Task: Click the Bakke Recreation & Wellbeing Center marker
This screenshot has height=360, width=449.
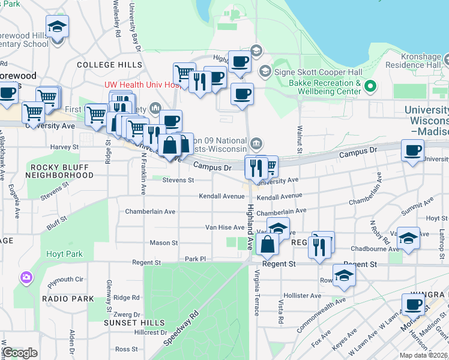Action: (x=370, y=87)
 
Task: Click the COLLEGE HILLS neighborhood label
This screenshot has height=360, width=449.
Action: (x=109, y=65)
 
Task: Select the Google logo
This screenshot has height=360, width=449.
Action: (x=20, y=353)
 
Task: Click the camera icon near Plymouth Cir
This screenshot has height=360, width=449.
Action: (x=26, y=277)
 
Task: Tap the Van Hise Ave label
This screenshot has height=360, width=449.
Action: (x=224, y=227)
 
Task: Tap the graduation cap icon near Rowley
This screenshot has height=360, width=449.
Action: (x=345, y=275)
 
